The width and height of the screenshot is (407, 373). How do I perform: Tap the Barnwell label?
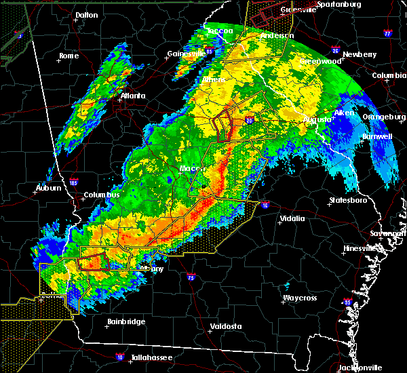pos(378,136)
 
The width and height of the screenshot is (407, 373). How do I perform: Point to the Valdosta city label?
pos(227,326)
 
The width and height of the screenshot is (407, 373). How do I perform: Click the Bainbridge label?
pos(126,321)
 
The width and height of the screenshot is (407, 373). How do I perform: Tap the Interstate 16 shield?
pos(265,204)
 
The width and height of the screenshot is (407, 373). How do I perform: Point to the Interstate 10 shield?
pos(120,355)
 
